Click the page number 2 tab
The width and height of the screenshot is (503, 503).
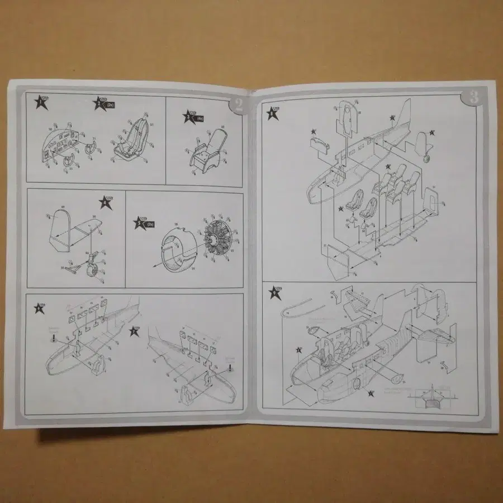pos(238,104)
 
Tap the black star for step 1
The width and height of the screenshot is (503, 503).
pos(40,101)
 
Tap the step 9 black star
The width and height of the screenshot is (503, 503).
pos(274,292)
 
